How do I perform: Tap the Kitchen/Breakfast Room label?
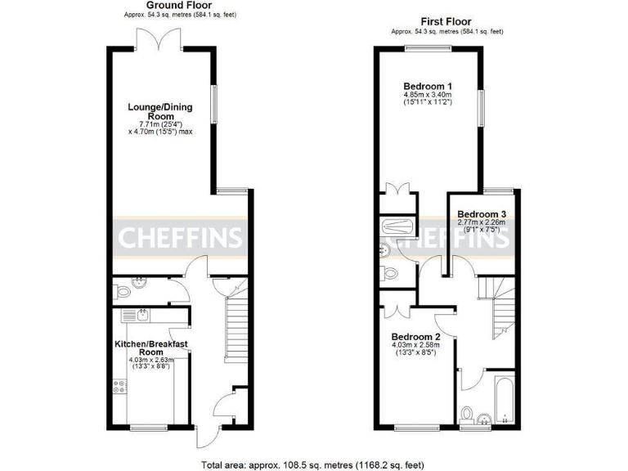click(x=153, y=348)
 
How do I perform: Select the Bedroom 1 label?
click(x=428, y=86)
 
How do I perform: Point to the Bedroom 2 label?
click(x=415, y=337)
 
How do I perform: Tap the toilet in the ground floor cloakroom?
click(x=123, y=289)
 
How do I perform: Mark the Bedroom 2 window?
click(x=417, y=427)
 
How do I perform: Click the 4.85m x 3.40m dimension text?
click(x=428, y=96)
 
